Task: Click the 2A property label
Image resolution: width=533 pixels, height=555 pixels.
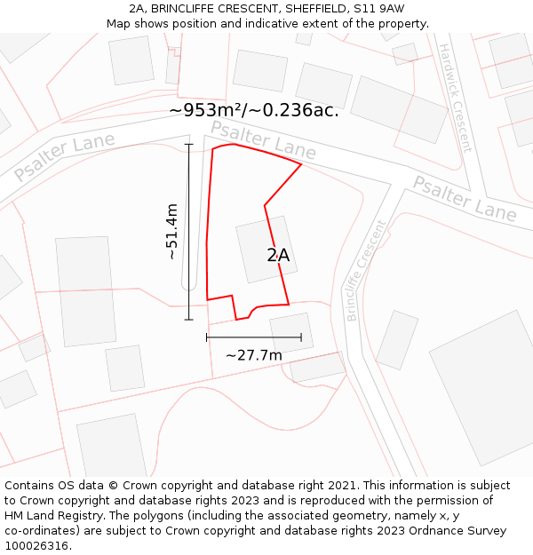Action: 278,256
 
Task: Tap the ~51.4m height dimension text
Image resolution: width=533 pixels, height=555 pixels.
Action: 171,232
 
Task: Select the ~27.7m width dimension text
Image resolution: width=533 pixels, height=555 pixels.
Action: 254,355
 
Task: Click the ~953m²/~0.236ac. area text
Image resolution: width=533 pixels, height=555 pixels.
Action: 254,111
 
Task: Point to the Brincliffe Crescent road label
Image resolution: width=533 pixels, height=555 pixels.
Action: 367,270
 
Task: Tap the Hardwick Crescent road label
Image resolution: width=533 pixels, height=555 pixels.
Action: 455,98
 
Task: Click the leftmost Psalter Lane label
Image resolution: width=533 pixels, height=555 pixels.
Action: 64,157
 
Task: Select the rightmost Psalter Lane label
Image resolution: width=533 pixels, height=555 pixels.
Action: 465,198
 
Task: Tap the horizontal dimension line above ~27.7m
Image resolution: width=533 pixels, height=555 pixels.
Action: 254,337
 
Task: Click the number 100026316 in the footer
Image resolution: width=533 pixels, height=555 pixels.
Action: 38,545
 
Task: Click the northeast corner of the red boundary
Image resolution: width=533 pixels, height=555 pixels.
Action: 301,164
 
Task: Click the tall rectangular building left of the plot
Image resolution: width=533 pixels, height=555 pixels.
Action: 85,290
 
